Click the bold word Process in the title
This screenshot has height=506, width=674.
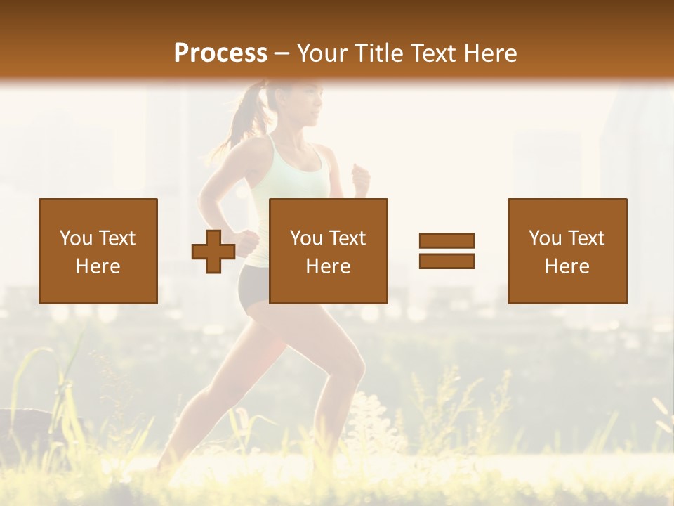[220, 53]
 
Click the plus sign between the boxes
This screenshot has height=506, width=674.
[213, 251]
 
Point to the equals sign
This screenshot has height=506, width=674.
[447, 251]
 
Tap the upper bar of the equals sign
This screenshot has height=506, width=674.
[447, 240]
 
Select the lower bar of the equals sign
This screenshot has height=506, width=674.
[447, 261]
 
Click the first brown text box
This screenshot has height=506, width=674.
[98, 251]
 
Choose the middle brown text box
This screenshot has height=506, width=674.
[329, 251]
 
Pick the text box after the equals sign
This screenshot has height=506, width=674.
[567, 251]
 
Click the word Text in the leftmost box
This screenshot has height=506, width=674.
[117, 238]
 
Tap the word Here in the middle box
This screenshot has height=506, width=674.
[329, 266]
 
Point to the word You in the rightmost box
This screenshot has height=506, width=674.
[545, 238]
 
